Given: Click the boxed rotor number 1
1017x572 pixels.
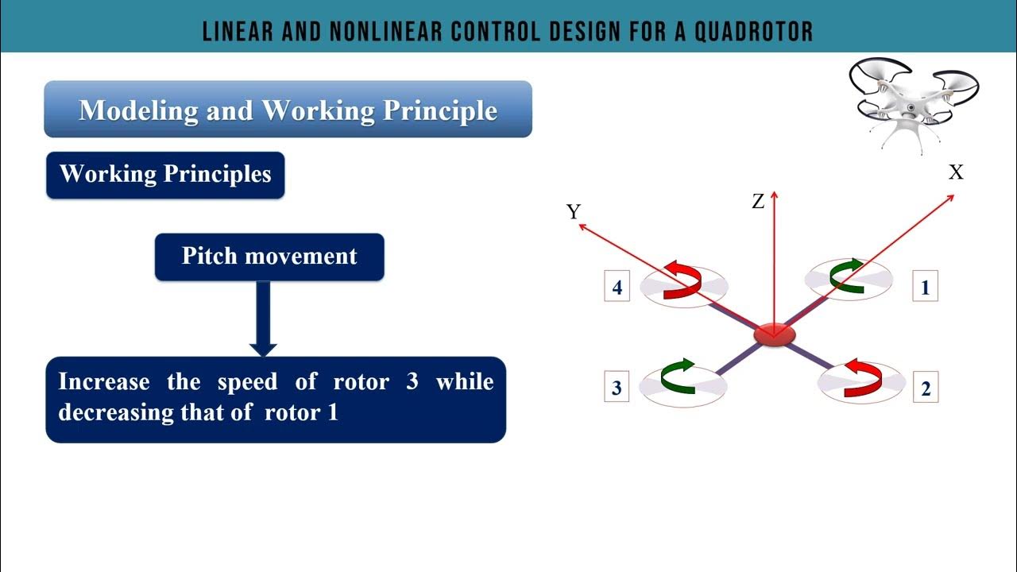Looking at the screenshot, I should click(x=924, y=287).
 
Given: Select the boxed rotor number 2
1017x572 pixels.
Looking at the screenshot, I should click(x=925, y=389).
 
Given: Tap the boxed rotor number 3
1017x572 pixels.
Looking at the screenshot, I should click(x=617, y=388).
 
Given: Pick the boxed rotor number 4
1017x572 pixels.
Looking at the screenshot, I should click(x=617, y=287).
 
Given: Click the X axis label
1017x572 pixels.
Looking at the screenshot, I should click(x=956, y=172).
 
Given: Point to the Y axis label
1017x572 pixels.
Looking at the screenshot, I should click(x=574, y=211).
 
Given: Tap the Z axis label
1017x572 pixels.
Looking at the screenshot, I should click(x=758, y=202).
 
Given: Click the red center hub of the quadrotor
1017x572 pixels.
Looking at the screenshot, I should click(x=773, y=334).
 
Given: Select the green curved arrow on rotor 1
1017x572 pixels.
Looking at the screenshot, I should click(x=845, y=274).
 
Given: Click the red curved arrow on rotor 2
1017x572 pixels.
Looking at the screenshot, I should click(x=863, y=377).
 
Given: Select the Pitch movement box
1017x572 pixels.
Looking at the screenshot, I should click(x=269, y=257).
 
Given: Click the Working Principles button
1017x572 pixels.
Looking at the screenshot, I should click(x=165, y=175).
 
